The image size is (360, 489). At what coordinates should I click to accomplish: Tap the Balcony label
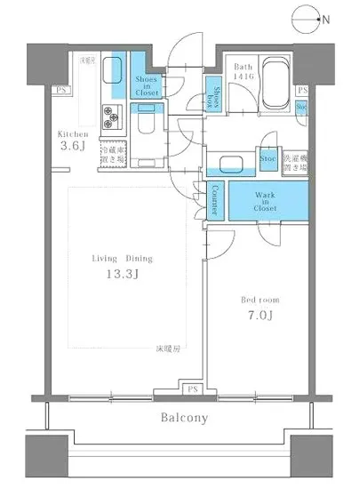point(184,418)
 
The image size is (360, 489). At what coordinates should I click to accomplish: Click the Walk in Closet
point(264,200)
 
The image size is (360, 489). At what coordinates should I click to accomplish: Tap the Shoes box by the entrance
point(215,92)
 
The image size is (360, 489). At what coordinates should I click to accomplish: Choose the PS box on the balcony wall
point(189,389)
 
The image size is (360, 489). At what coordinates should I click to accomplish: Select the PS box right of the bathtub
point(302,91)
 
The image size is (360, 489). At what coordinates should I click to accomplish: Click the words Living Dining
point(122,258)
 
